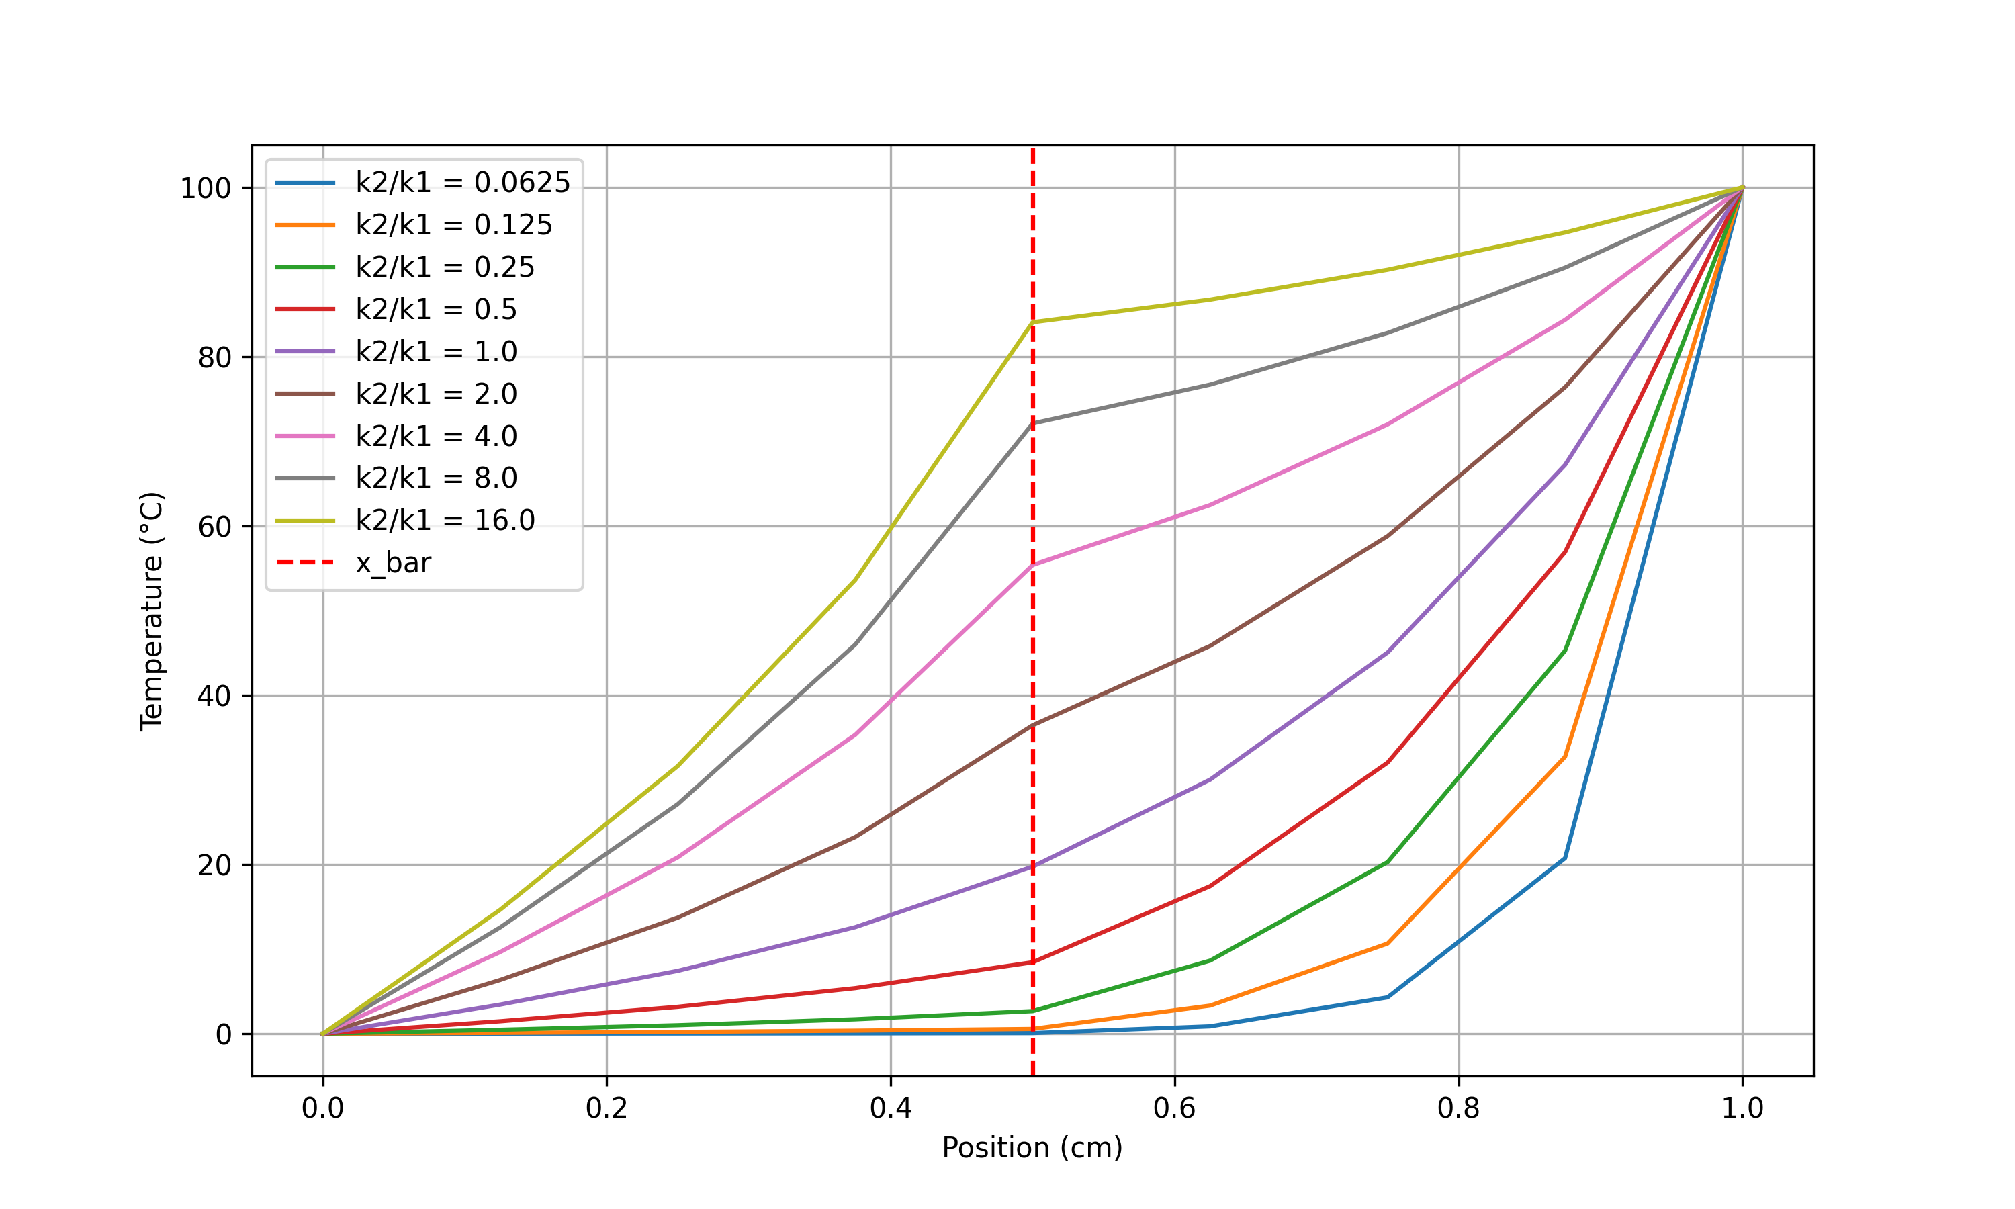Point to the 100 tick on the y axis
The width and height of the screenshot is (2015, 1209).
coord(206,189)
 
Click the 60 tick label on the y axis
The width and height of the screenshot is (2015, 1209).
coord(214,527)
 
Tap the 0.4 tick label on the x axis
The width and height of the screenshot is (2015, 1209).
coord(890,1109)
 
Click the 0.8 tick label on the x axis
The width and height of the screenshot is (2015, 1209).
coord(1458,1109)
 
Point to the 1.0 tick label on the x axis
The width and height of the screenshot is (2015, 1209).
coord(1742,1109)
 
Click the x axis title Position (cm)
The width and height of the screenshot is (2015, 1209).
coord(1032,1148)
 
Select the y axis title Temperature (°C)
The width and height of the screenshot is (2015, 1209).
coord(152,611)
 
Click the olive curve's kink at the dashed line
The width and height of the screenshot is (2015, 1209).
coord(1033,322)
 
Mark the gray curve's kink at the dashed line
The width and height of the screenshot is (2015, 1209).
coord(1033,423)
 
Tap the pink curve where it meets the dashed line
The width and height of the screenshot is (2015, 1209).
coord(1033,565)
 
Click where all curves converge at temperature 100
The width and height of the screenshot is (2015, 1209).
coord(1742,188)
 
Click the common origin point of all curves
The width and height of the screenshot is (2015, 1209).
coord(323,1034)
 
